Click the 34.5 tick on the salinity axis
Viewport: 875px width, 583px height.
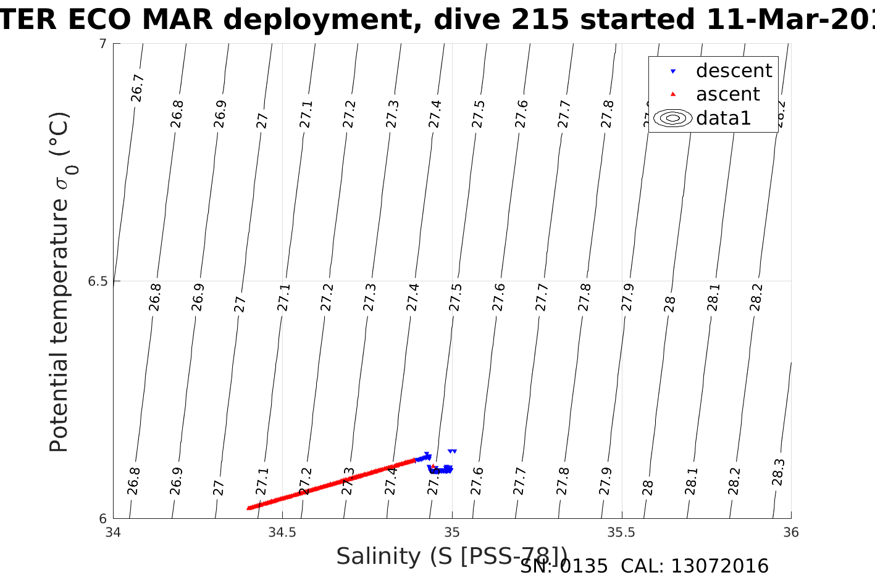(282, 532)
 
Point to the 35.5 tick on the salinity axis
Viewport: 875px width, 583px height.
(621, 532)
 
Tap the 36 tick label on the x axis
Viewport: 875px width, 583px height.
(791, 532)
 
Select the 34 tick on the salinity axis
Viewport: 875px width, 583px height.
(113, 532)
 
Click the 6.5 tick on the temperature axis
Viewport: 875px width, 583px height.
(97, 281)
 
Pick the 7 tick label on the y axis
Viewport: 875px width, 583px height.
(103, 44)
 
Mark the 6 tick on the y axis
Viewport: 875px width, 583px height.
(103, 519)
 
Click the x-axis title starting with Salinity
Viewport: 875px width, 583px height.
(451, 556)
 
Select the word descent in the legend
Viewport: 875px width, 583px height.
(734, 71)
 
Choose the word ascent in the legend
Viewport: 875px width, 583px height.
(727, 94)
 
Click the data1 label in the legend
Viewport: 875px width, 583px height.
(723, 118)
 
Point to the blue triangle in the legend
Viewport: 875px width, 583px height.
(673, 72)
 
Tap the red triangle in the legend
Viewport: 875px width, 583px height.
(673, 94)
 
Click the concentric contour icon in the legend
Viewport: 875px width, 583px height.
(673, 118)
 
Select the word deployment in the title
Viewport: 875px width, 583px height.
(319, 20)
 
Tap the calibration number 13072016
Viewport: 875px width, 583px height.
(719, 566)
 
